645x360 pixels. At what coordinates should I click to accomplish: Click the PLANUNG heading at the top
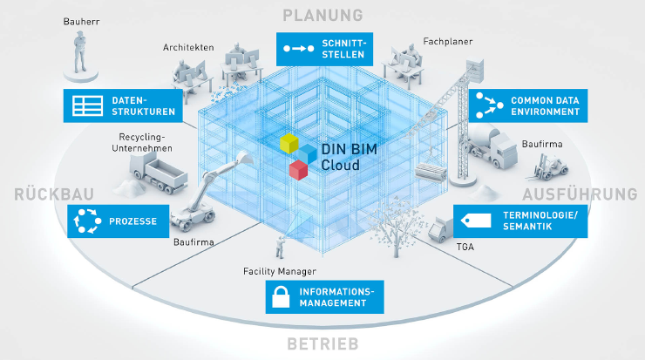[322, 15]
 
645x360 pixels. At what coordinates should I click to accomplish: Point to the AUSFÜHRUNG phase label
[579, 194]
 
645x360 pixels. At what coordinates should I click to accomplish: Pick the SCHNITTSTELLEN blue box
[325, 50]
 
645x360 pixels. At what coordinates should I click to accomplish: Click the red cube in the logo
[299, 168]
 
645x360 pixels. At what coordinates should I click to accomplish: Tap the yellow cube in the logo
[289, 144]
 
